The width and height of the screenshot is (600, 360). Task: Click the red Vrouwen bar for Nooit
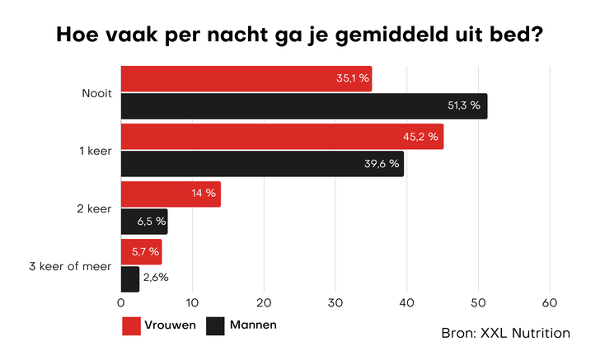pos(246,79)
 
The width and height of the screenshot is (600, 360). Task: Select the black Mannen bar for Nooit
pos(303,106)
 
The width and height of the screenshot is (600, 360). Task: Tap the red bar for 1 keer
pos(282,137)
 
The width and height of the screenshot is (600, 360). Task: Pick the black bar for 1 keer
pos(262,164)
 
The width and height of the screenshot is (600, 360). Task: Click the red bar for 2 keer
pos(171,194)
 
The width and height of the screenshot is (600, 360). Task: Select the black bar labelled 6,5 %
pos(143,222)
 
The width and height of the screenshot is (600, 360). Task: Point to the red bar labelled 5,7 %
pos(141,251)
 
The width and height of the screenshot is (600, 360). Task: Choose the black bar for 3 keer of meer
pos(130,279)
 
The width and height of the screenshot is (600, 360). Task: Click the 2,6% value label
pos(156,278)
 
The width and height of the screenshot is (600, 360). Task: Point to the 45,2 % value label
pos(420,137)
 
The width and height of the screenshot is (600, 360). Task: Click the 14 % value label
pos(203,194)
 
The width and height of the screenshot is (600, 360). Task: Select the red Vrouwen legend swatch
pos(132,325)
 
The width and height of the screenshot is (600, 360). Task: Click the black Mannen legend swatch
pos(215,325)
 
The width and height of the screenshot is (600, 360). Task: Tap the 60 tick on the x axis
pos(550,302)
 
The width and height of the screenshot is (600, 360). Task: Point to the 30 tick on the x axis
pos(335,302)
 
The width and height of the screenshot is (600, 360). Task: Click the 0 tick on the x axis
pos(121,302)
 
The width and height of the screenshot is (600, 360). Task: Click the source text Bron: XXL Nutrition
pos(505,333)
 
